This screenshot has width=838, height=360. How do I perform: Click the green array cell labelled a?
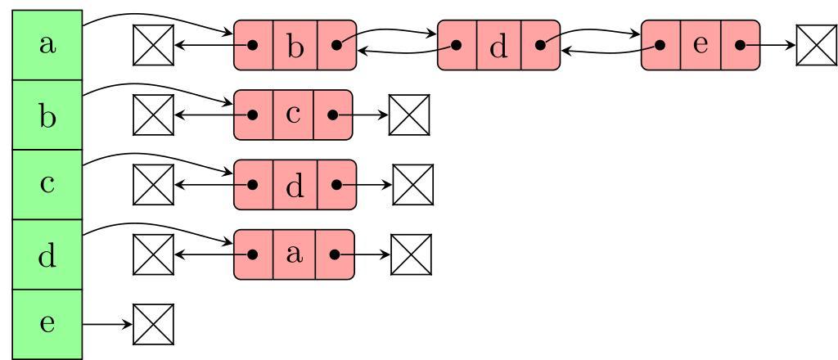click(x=47, y=45)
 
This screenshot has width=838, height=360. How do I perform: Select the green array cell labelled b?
click(x=47, y=115)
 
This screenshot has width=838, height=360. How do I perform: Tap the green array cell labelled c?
click(x=47, y=184)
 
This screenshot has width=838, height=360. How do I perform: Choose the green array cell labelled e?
click(x=47, y=323)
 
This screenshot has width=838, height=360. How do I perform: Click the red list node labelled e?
click(x=701, y=45)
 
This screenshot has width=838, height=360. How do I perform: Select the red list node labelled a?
click(x=294, y=254)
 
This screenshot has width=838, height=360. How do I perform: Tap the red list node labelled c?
click(x=293, y=115)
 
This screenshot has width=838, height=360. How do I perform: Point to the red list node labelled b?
click(x=295, y=45)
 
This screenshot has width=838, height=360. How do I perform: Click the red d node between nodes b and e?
click(x=498, y=45)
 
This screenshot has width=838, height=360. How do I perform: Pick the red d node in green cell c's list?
click(x=295, y=185)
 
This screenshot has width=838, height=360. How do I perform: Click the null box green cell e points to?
click(x=153, y=324)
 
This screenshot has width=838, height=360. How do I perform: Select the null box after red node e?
click(x=815, y=45)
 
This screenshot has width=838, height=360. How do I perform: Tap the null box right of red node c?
click(x=408, y=115)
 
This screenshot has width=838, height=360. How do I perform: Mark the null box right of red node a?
click(x=411, y=255)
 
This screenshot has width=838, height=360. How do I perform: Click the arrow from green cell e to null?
click(x=107, y=324)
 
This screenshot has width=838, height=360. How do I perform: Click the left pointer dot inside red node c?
click(x=254, y=115)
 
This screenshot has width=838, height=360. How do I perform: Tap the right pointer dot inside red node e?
click(x=741, y=45)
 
